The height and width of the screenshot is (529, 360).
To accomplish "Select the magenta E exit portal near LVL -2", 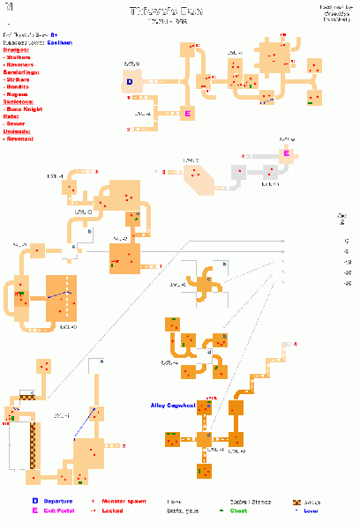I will coord(187,113).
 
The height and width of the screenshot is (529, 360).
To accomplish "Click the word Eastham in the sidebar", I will coord(60,41).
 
